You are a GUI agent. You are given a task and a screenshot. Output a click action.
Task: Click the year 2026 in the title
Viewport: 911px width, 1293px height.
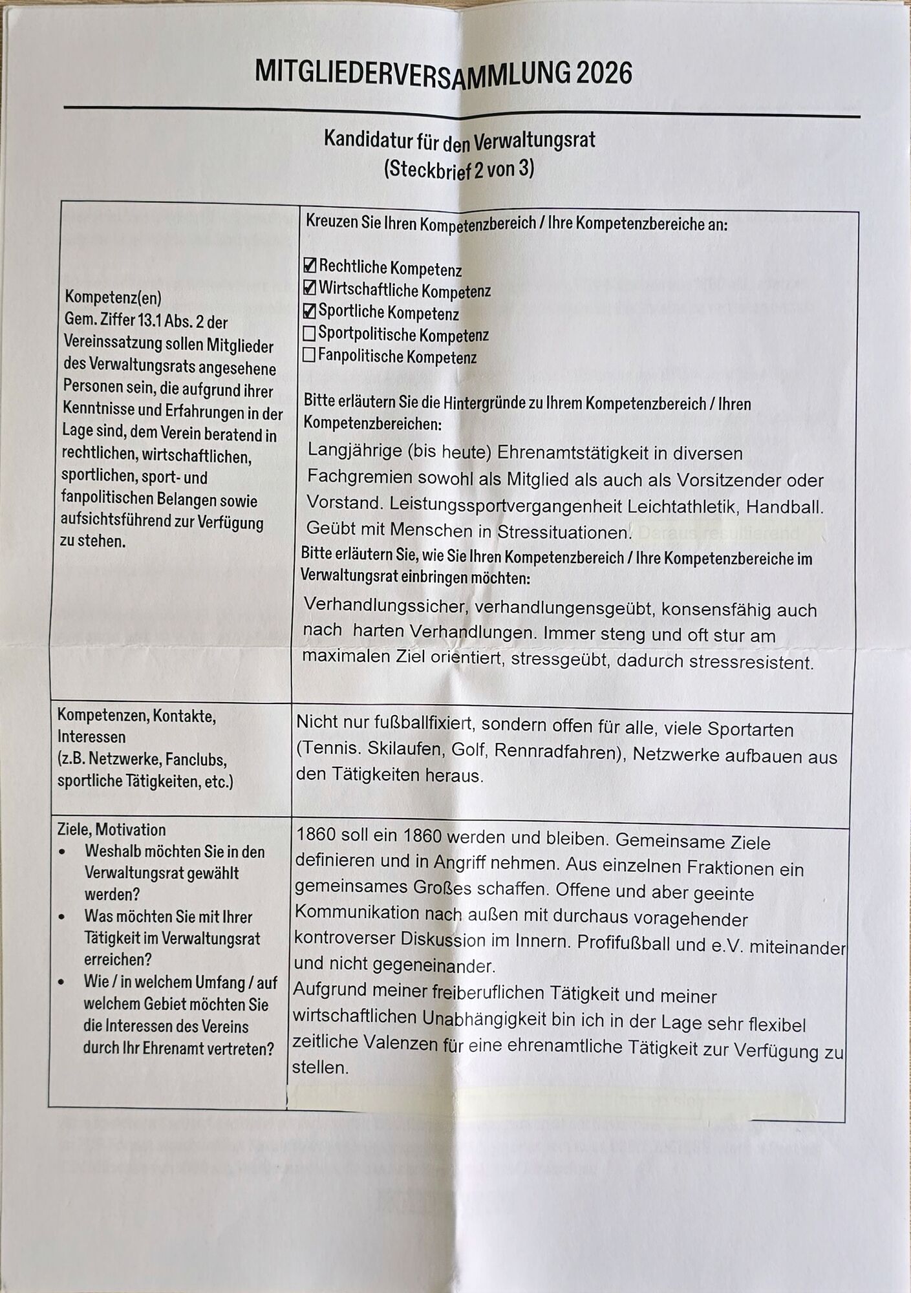(604, 73)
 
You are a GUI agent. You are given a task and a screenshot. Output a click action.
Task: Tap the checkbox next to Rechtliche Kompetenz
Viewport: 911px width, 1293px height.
(310, 265)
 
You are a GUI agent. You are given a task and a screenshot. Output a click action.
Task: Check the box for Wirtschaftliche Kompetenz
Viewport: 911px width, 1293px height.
(310, 287)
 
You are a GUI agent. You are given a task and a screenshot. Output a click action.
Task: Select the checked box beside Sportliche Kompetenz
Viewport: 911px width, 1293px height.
(310, 310)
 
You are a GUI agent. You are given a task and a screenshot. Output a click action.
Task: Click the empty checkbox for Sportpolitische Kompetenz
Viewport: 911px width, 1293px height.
(309, 333)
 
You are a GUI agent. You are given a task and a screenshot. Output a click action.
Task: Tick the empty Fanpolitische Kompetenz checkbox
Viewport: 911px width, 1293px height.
(309, 355)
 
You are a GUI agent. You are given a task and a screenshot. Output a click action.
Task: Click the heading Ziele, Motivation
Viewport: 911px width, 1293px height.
(111, 829)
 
